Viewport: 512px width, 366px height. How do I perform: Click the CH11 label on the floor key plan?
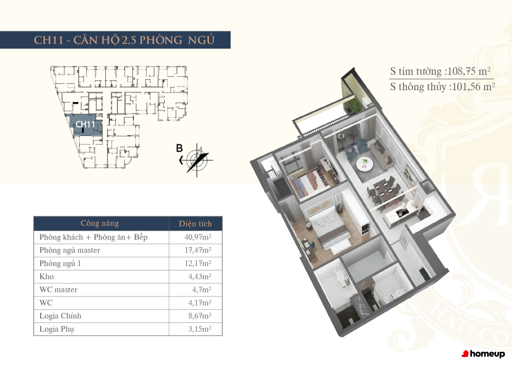(x=85, y=124)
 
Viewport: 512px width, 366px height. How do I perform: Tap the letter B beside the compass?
(x=179, y=148)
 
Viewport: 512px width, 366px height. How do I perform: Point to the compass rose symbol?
(x=196, y=160)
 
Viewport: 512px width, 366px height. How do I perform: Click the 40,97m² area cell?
(x=198, y=237)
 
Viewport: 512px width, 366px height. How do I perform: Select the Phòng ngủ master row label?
(x=70, y=250)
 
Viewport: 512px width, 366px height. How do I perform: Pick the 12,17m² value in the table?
(x=198, y=263)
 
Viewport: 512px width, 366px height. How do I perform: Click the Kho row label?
(x=46, y=277)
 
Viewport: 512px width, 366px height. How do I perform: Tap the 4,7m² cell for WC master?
(x=201, y=290)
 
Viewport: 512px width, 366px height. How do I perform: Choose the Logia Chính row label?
(x=60, y=316)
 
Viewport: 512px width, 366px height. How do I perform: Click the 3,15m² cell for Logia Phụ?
(x=200, y=329)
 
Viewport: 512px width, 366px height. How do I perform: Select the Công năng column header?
(x=100, y=223)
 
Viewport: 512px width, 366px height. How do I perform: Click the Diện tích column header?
(x=195, y=223)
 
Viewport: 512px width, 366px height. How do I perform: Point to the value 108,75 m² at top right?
(x=469, y=71)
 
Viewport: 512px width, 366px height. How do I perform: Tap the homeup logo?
(x=483, y=354)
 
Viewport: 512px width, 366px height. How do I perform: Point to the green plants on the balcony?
(x=354, y=104)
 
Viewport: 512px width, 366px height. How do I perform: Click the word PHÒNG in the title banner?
(x=161, y=40)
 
